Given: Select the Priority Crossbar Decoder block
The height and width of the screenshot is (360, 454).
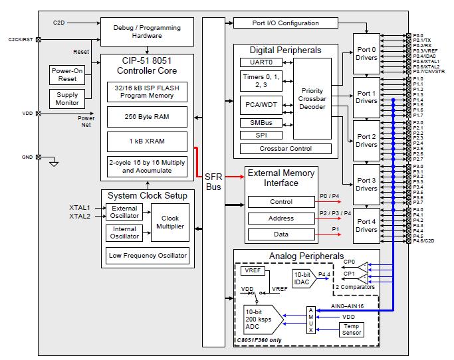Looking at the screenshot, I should coord(312,95).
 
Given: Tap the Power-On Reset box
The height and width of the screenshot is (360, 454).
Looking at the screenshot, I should coord(67,74).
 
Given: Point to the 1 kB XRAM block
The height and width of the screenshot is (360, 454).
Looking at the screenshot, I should coord(147,141).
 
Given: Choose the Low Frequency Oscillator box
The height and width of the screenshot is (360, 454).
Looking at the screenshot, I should coord(147,255).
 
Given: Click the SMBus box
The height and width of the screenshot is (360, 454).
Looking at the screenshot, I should coord(257,123).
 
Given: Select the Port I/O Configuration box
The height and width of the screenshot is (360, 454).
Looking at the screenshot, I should coord(285,23).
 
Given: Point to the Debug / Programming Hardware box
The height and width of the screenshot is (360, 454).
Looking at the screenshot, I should coord(147,32).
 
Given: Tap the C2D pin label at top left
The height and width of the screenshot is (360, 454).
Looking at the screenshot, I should coord(58,23).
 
